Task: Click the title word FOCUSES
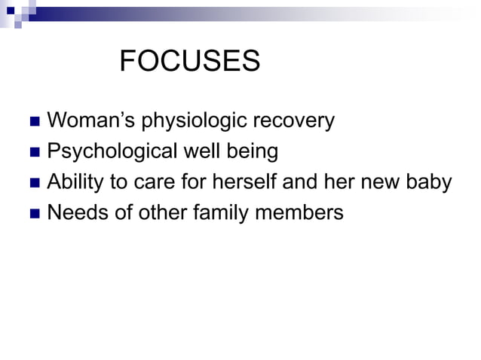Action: coord(189,62)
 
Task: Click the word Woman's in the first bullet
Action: coord(87,121)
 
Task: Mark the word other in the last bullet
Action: coord(154,213)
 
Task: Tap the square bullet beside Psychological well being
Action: coord(33,153)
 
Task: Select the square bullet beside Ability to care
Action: coord(33,184)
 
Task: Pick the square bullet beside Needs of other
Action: coord(33,215)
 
